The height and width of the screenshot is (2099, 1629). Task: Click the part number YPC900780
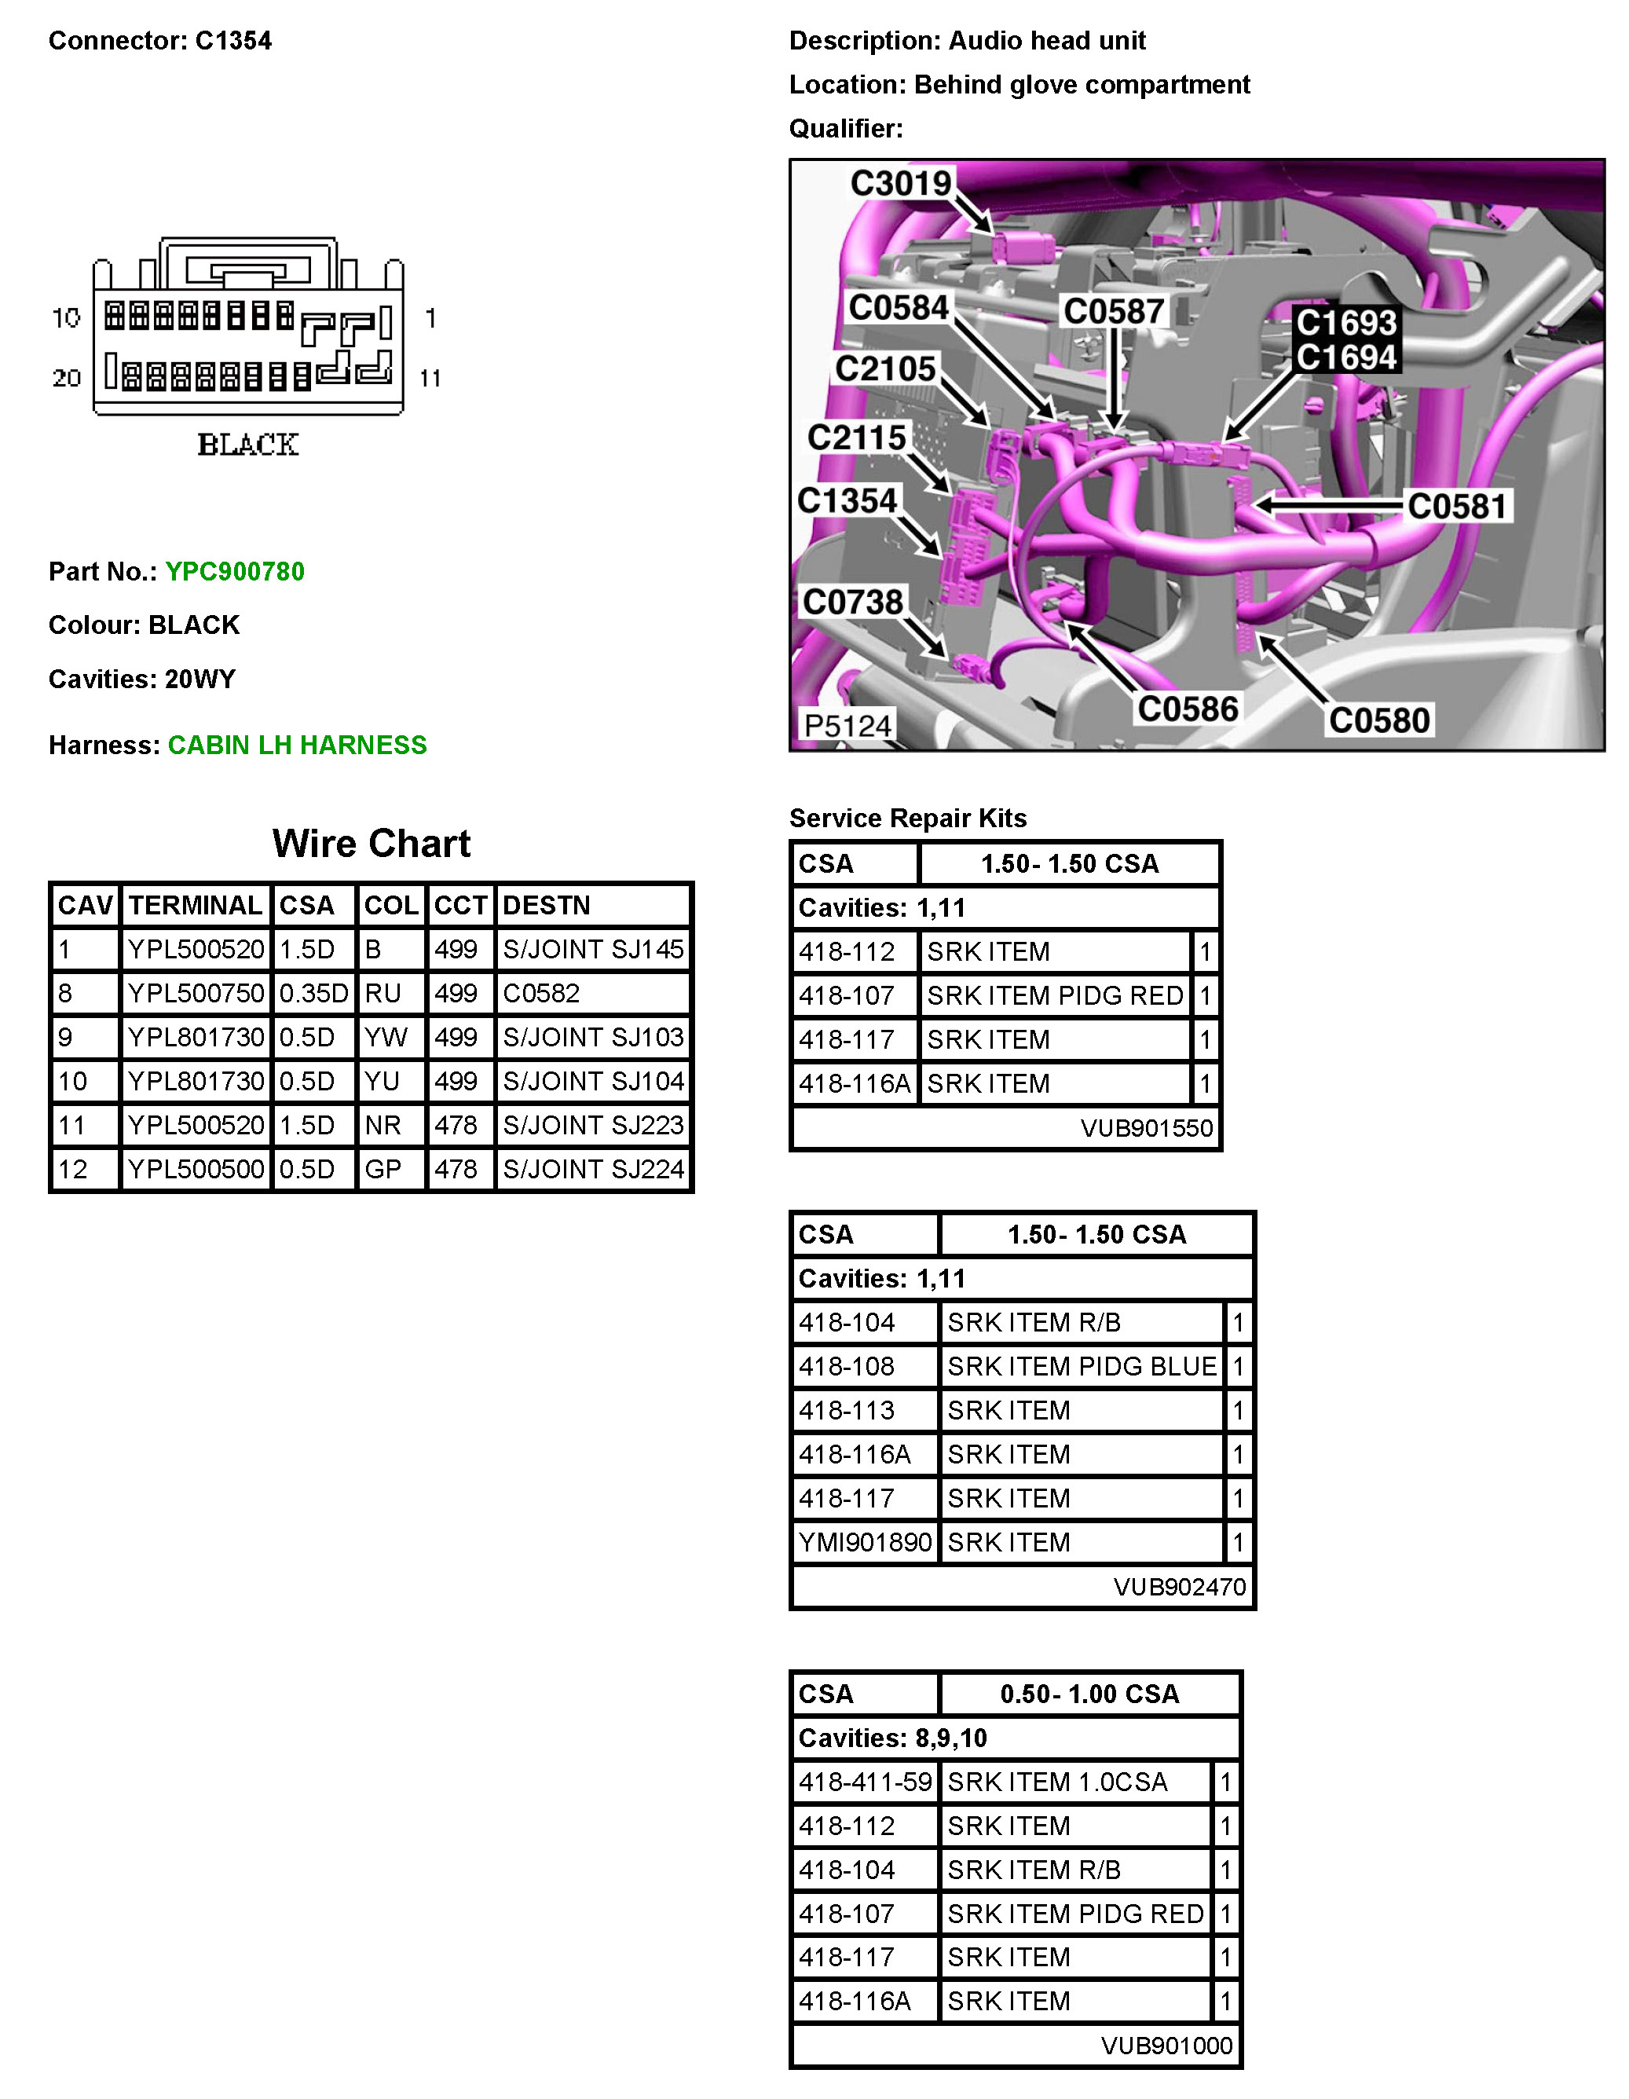[x=235, y=572]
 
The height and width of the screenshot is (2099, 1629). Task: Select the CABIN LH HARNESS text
[x=297, y=745]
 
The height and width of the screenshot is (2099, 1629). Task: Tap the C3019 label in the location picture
[x=901, y=182]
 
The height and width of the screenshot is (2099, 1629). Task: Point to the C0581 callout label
[x=1456, y=506]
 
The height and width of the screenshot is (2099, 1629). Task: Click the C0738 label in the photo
[x=852, y=603]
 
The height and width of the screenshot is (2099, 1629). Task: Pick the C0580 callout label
[x=1379, y=720]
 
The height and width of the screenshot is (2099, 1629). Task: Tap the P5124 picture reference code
[x=847, y=726]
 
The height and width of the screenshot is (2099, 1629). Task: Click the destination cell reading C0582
[x=541, y=993]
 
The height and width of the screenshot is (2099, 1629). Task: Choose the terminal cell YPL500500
[x=196, y=1169]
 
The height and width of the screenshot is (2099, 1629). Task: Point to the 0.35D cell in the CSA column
[x=313, y=993]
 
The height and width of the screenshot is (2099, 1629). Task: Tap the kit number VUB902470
[x=1179, y=1587]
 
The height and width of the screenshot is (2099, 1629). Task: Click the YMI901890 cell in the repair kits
[x=865, y=1543]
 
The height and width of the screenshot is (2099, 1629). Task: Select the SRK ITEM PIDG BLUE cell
[x=1082, y=1366]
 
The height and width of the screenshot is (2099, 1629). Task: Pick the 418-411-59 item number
[x=865, y=1782]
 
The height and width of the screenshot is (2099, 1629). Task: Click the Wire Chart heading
[x=371, y=844]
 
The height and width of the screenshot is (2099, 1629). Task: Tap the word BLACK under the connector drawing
[x=248, y=444]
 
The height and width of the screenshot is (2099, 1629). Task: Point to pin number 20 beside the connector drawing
[x=66, y=378]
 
